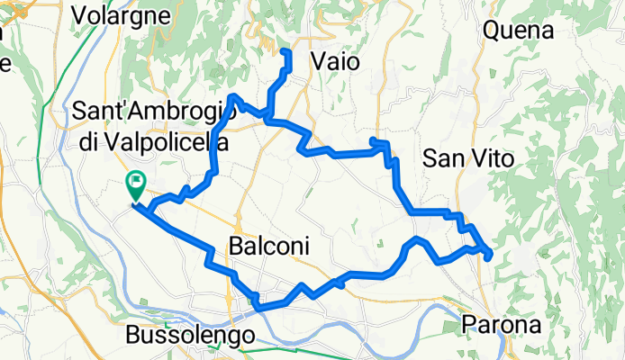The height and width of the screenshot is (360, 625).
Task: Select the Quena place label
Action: point(518,31)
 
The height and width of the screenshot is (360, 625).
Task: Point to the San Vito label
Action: point(468,159)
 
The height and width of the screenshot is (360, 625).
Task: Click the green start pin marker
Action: point(135,184)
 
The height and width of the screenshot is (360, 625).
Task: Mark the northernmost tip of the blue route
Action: point(287,51)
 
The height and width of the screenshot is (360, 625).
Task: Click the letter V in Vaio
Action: point(318,62)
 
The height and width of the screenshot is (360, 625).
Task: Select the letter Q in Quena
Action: point(493,31)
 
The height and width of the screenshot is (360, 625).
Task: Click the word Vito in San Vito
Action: point(494,159)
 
